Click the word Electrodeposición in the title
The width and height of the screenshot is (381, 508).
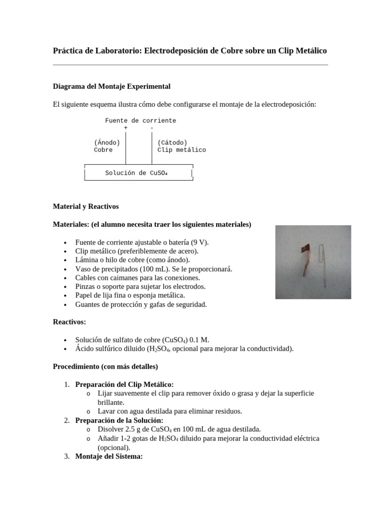click(172, 51)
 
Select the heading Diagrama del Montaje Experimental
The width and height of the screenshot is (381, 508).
click(112, 86)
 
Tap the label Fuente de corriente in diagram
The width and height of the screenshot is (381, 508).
click(140, 121)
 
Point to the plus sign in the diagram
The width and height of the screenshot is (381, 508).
click(126, 128)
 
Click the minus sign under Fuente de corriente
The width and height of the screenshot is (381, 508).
click(151, 128)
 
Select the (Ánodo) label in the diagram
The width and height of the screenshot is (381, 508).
click(107, 142)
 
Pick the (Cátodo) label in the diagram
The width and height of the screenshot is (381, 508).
click(172, 142)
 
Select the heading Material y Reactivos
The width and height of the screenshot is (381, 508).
click(86, 206)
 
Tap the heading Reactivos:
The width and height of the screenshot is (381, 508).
click(69, 322)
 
